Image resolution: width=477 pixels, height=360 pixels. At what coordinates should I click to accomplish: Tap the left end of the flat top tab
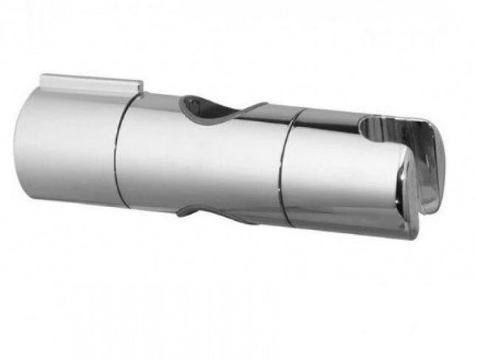pyautogui.click(x=43, y=78)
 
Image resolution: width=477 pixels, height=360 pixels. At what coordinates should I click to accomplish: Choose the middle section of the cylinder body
pyautogui.click(x=200, y=159)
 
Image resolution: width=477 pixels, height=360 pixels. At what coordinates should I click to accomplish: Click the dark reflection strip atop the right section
pyautogui.click(x=325, y=118)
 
